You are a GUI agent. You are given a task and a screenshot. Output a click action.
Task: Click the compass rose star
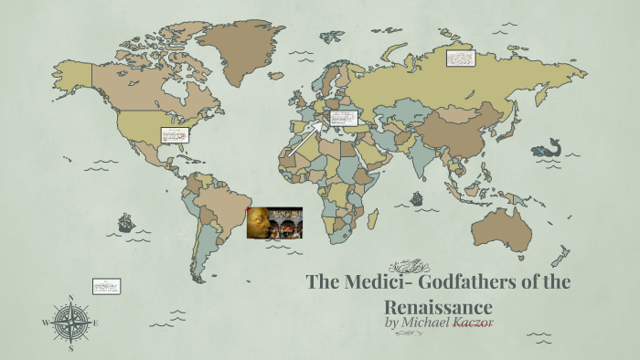(70, 322)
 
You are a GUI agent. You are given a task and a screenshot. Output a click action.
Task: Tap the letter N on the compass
(70, 298)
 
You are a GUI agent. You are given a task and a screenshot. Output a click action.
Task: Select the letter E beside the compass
(95, 323)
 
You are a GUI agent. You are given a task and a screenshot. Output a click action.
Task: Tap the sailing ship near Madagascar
(417, 196)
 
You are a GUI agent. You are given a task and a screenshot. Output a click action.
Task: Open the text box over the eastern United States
(173, 135)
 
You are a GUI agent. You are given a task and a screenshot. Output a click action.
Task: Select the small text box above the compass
(106, 286)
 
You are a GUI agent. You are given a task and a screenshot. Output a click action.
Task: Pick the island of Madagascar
(373, 217)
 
